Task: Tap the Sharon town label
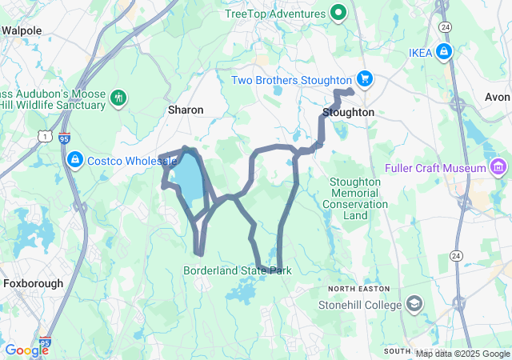click(186, 110)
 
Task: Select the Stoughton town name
click(348, 113)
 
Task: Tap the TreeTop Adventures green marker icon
click(338, 14)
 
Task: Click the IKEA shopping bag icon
click(445, 53)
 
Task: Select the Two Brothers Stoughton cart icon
click(365, 80)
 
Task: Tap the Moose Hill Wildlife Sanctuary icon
click(119, 98)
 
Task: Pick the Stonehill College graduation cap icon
click(414, 304)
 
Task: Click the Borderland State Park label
click(238, 271)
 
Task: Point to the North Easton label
click(358, 288)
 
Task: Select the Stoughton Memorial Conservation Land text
click(355, 198)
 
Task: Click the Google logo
click(26, 350)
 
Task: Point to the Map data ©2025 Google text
click(462, 354)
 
